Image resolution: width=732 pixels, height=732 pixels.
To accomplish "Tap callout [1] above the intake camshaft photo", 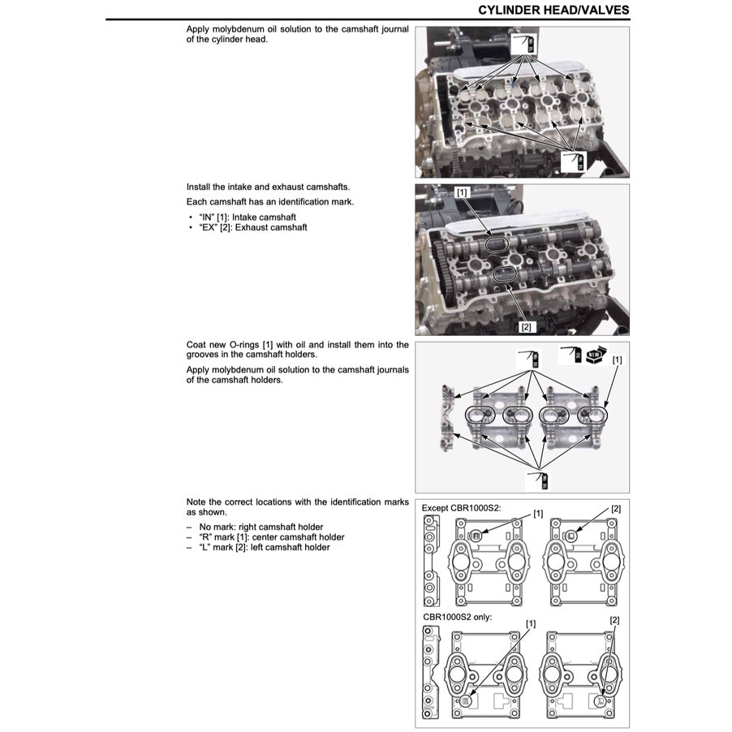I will pos(462,192).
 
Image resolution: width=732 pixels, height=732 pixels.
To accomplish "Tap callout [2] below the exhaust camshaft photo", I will pos(526,326).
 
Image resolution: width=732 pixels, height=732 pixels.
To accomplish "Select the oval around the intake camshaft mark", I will pos(496,243).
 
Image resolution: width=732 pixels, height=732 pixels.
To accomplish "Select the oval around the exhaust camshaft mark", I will pos(506,276).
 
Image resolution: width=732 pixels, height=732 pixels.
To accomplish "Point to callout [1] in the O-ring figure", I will pos(618,359).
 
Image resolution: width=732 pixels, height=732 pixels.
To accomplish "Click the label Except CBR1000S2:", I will pos(461,507).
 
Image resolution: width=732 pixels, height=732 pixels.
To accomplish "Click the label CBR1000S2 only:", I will pos(457,617).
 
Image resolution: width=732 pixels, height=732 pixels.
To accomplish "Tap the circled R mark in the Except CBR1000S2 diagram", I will pos(476,536).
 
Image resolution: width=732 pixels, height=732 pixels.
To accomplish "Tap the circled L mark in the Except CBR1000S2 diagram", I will pos(571,536).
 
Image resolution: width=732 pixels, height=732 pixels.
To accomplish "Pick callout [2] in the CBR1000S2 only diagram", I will pos(614,619).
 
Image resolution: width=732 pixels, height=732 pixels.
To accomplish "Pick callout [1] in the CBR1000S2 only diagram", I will pos(531,623).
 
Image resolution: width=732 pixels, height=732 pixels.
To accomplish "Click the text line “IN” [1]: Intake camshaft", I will pos(247,217).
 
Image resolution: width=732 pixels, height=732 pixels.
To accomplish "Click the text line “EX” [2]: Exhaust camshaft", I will pos(252,227).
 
